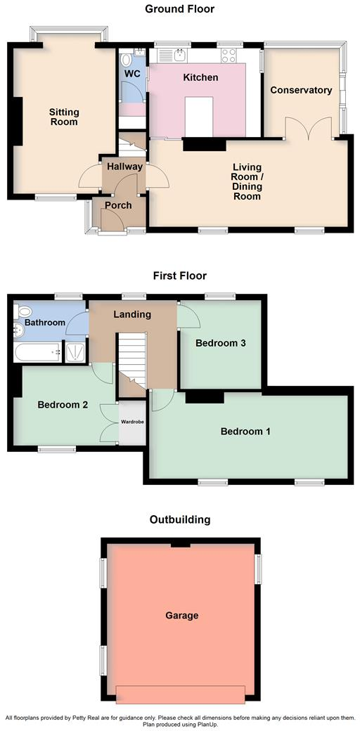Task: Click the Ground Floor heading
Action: [x=179, y=9]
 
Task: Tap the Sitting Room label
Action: [x=64, y=117]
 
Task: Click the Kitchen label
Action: [x=200, y=77]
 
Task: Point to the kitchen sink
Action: [x=181, y=53]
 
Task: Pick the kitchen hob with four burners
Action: [x=229, y=53]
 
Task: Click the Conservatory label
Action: [x=301, y=90]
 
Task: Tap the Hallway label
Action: [x=124, y=167]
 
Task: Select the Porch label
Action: [x=118, y=205]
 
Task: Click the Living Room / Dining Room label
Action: [x=247, y=182]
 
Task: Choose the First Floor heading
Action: [x=179, y=276]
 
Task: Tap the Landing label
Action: [x=132, y=314]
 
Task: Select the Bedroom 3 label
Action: [x=220, y=343]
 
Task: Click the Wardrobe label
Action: [x=131, y=423]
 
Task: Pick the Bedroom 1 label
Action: [x=245, y=431]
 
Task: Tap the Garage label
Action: [x=181, y=615]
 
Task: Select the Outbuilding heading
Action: [x=179, y=519]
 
